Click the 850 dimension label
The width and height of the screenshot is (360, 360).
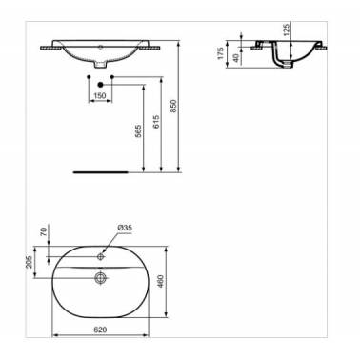coord(173,106)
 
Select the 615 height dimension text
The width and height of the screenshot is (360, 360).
coord(155,122)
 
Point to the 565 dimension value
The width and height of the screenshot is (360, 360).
coord(138,131)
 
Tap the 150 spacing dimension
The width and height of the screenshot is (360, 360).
coord(100,96)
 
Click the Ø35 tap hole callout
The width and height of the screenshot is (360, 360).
coord(125,228)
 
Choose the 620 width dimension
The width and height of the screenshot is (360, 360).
coord(100,330)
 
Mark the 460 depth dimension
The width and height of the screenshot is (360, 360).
coord(160,281)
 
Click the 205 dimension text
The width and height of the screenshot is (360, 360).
coord(30,262)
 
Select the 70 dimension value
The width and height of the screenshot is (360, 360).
coord(44,230)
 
